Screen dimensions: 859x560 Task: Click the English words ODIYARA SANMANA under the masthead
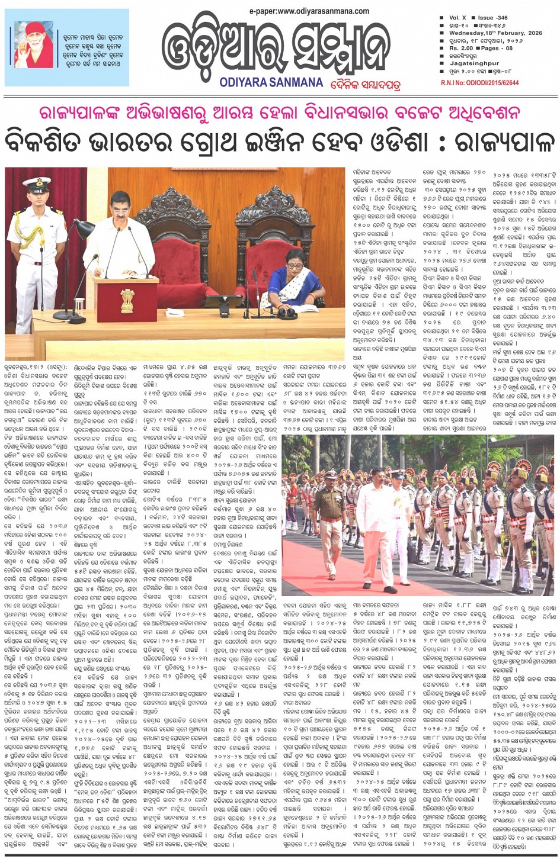[x=271, y=83]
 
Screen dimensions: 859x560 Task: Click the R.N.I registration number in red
[x=479, y=83]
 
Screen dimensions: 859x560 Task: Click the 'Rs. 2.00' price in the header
[x=462, y=48]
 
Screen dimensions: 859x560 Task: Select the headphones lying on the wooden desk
[x=289, y=311]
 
